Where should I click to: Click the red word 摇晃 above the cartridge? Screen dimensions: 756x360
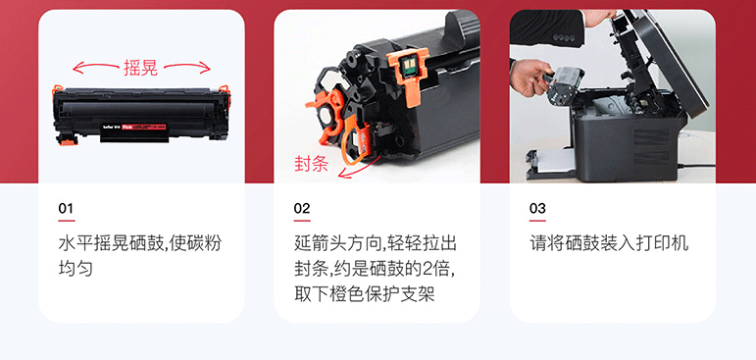point(141,68)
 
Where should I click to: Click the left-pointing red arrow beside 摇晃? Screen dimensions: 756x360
point(96,67)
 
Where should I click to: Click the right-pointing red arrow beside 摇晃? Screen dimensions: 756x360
point(186,67)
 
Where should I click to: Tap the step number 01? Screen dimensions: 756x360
point(66,209)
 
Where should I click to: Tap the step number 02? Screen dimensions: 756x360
point(302,209)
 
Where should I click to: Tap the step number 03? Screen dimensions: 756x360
point(537,209)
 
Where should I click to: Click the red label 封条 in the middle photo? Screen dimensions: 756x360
point(312,164)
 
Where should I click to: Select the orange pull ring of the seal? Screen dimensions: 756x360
point(356,143)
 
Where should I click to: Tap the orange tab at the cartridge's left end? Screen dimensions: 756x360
point(57,91)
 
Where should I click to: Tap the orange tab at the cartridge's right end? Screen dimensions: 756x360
point(225,90)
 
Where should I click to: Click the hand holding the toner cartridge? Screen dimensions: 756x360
point(529,77)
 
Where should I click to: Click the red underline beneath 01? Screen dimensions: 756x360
point(67,221)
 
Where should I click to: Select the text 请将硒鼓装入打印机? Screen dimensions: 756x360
point(609,243)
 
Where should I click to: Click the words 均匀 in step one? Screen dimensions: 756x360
point(76,269)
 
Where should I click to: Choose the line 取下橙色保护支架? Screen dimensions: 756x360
point(365,293)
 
